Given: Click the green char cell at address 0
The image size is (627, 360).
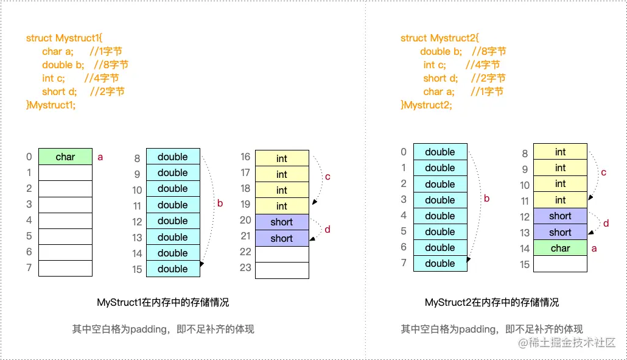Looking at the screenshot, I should coord(65,157).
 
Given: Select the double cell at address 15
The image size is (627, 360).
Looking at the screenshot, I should coord(173,269).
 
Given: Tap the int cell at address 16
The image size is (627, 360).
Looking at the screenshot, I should coord(282,158).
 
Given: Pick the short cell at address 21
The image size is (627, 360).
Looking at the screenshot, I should coord(282,238).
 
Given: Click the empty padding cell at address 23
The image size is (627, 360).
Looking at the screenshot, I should coord(282,270).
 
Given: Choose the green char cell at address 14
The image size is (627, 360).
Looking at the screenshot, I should coord(560,248).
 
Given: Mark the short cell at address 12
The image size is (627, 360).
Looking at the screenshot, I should coord(560,216).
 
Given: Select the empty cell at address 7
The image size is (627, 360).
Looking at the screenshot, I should coord(65,268).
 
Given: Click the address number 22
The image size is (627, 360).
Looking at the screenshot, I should coord(245,252).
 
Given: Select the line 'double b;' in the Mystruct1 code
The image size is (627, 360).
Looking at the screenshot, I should coord(85,65).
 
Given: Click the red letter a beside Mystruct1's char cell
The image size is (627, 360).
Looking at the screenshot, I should coord(100,157).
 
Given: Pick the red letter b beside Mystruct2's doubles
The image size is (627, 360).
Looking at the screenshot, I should coord(486,198).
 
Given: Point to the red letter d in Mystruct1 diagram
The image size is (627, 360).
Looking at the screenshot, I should coord(328,230).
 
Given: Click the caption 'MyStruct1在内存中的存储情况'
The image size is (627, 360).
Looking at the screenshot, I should coord(163,302).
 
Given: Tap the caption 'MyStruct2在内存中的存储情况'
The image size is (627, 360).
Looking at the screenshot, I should coord(491,302).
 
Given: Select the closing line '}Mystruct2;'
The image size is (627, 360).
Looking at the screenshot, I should coord(426,105).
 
